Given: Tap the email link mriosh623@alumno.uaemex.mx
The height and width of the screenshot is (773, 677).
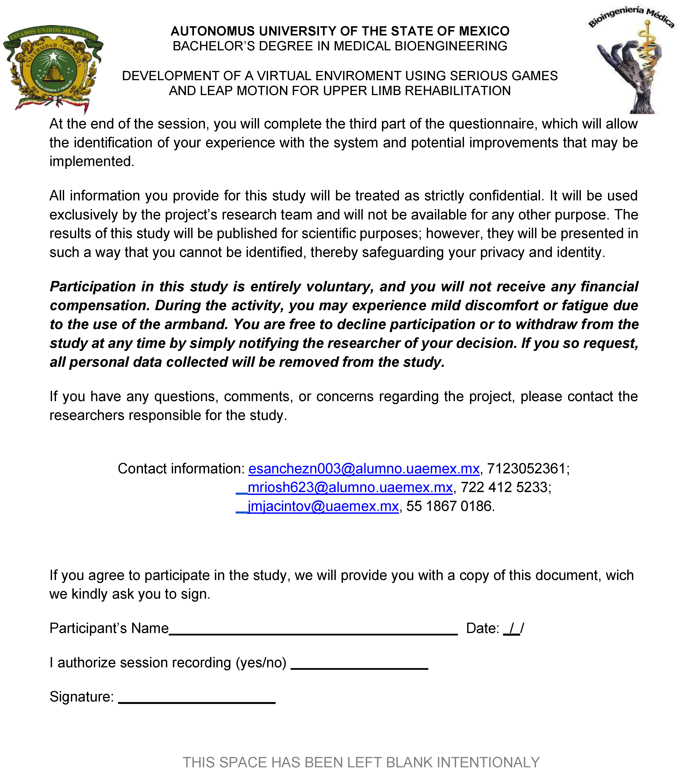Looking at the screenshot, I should (350, 488).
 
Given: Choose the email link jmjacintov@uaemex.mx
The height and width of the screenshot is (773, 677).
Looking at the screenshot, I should (323, 507).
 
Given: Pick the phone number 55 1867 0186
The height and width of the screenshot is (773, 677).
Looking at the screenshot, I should (450, 507).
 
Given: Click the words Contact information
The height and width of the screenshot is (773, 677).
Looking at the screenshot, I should (181, 469).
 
